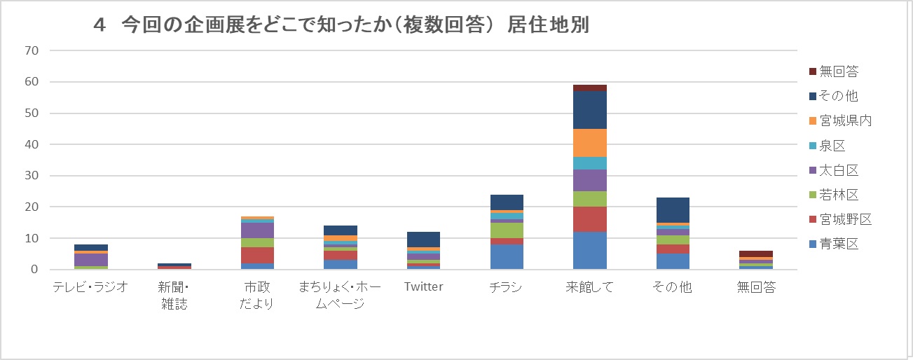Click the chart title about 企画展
(x=341, y=25)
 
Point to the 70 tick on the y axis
(x=31, y=50)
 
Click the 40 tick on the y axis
(x=31, y=144)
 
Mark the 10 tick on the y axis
(x=31, y=238)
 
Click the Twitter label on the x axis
(x=423, y=287)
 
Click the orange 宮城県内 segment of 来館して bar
(x=590, y=143)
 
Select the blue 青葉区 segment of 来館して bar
(x=590, y=251)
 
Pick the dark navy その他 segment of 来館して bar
(x=590, y=110)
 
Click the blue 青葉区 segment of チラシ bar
(x=506, y=257)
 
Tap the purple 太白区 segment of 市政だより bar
(x=256, y=230)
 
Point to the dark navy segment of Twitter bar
(x=423, y=240)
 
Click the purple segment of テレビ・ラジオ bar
(x=90, y=260)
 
